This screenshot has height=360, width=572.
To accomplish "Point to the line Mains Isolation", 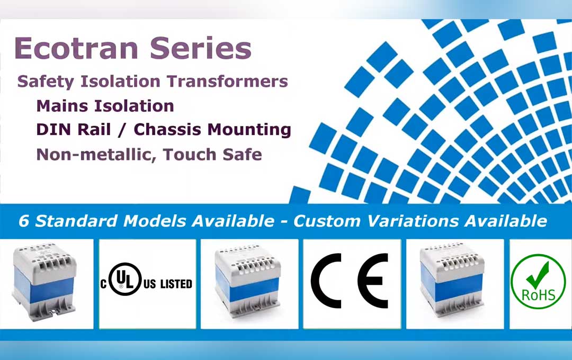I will (105, 106).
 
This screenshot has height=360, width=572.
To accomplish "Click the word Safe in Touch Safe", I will (240, 155).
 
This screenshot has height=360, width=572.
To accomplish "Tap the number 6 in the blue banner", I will (24, 221).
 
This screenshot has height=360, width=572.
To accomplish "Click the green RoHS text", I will (538, 294).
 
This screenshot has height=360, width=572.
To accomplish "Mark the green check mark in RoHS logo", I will (539, 274).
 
